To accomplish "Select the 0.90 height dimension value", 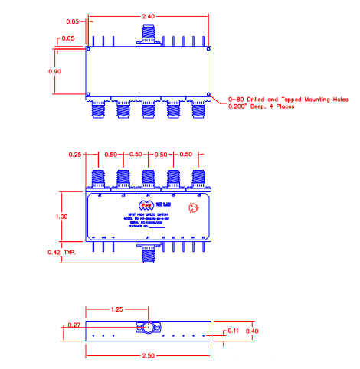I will tap(66, 71).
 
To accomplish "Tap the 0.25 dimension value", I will tap(75, 155).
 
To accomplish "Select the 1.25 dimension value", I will tap(116, 310).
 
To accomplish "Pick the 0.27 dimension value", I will tap(74, 325).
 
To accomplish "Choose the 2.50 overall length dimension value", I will tap(149, 358).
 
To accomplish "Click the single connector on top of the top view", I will tap(148, 34).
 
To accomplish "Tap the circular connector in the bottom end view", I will tap(146, 329).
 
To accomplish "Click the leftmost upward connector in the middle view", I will tap(99, 179).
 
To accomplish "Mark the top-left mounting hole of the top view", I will tap(89, 51).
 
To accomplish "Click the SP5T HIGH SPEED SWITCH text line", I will tap(148, 213).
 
